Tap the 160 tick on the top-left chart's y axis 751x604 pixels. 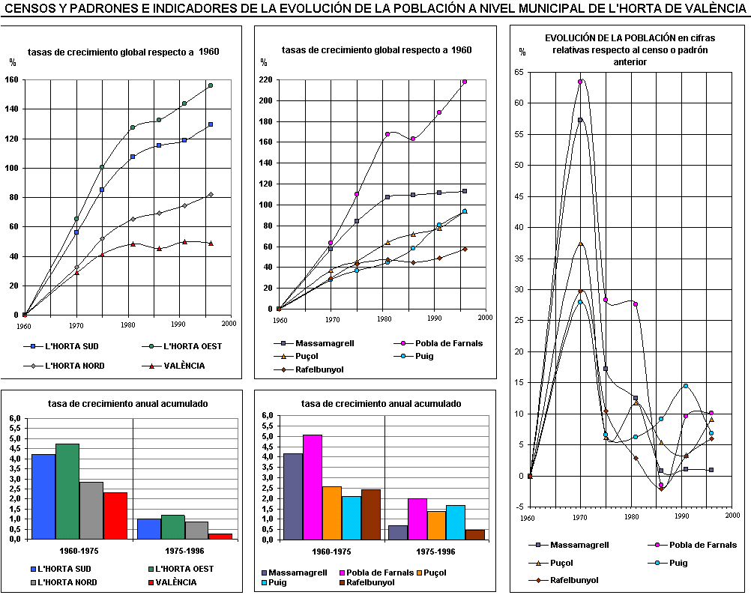11,79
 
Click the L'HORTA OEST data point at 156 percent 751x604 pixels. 211,85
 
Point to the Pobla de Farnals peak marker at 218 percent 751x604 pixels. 465,82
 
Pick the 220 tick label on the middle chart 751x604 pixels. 265,79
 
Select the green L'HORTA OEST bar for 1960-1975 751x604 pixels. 67,491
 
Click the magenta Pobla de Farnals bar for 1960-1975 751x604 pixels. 313,486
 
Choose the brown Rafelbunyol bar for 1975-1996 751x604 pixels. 474,534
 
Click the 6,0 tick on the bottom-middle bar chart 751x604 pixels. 265,415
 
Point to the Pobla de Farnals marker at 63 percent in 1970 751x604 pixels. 580,82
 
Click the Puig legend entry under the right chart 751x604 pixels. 677,562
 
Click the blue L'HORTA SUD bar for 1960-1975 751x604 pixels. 43,496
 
